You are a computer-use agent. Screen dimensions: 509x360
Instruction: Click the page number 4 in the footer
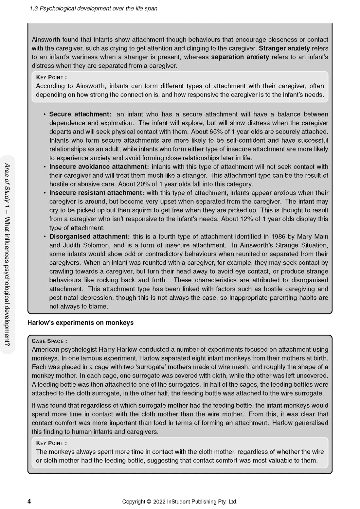[29, 501]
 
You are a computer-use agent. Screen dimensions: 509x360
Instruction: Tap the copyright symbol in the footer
[149, 501]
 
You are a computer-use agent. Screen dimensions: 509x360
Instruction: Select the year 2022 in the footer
[159, 501]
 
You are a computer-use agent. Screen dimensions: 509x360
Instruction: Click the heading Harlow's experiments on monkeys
[81, 323]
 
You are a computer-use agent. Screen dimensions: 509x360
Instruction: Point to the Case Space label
[49, 341]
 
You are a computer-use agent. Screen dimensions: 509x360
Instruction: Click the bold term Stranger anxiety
[284, 48]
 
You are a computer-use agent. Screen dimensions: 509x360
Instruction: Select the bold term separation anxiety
[240, 57]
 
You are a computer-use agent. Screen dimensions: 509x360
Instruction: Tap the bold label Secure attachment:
[80, 114]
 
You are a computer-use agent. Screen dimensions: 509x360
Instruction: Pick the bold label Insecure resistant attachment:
[97, 193]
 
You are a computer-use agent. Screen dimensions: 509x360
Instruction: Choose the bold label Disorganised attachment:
[89, 237]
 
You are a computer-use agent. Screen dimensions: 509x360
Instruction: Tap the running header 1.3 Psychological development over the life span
[93, 8]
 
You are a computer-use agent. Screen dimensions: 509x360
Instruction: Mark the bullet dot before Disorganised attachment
[45, 237]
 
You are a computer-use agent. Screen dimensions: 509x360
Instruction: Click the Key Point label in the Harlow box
[51, 443]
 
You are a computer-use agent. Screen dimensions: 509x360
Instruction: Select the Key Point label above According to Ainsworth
[51, 77]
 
